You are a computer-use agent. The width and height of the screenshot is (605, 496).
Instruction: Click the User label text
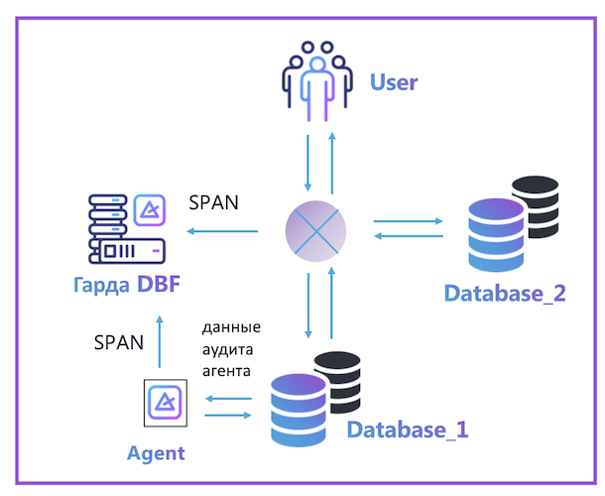[394, 81]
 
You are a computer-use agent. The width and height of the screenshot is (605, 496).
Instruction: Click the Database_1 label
[407, 431]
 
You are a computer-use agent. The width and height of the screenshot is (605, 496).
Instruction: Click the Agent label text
[156, 453]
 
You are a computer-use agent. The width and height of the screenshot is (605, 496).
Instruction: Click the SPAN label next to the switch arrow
[214, 204]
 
